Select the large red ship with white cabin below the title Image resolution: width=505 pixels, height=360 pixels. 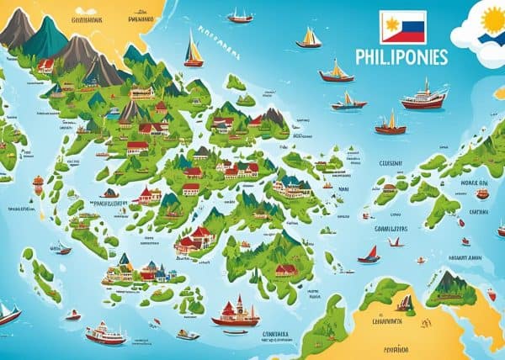tap(424, 98)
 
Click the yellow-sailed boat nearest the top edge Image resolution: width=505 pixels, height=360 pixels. tap(240, 16)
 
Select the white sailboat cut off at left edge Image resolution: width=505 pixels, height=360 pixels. tap(8, 313)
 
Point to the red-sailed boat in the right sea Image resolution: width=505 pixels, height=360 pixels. tap(369, 253)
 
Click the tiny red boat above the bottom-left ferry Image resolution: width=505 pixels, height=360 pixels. tap(73, 315)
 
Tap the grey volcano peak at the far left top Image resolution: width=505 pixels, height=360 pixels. tap(15, 29)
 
